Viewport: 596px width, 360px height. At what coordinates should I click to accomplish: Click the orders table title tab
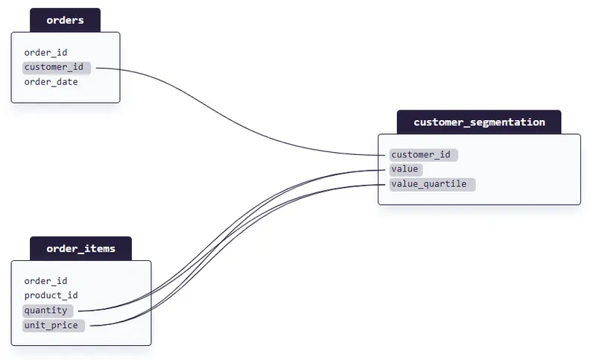click(65, 20)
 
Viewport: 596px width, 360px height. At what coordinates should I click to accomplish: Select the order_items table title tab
click(80, 248)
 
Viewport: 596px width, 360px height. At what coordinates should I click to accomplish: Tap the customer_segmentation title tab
click(479, 122)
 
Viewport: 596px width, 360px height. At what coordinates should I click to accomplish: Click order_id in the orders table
click(45, 53)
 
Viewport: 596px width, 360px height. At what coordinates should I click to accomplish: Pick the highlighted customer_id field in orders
click(54, 68)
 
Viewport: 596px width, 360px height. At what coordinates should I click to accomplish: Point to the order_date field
click(51, 82)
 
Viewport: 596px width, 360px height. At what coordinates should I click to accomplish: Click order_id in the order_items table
click(45, 281)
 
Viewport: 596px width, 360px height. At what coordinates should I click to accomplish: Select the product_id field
click(51, 295)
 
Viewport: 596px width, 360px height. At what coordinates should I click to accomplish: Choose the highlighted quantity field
click(45, 310)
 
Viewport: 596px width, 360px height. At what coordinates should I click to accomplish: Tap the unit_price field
click(51, 325)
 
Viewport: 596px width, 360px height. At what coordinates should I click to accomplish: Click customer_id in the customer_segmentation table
click(422, 155)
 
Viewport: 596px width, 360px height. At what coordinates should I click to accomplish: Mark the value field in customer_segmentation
click(405, 169)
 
